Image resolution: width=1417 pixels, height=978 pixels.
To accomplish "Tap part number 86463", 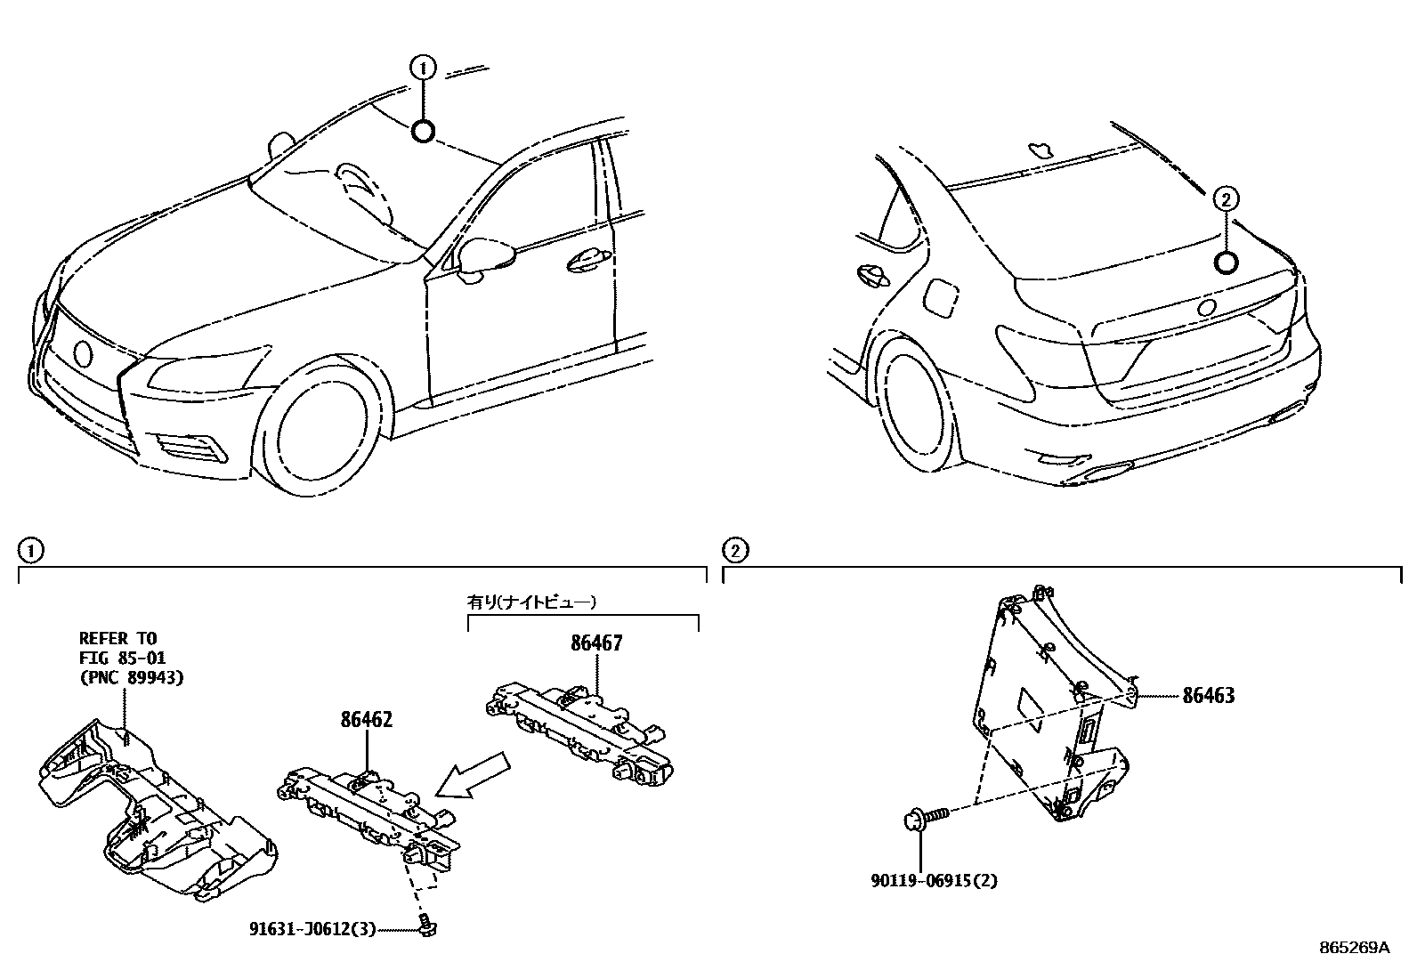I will click(x=1208, y=696).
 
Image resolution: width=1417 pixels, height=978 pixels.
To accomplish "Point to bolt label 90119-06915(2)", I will click(x=934, y=881).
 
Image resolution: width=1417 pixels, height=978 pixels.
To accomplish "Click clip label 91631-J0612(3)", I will click(x=312, y=930).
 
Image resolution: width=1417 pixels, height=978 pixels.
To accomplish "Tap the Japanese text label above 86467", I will click(x=532, y=602).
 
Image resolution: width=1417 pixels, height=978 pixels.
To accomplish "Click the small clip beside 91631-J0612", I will click(x=427, y=928).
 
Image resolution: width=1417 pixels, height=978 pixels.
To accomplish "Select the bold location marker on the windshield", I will click(x=423, y=132).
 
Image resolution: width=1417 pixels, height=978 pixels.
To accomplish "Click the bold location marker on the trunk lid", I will click(x=1226, y=262).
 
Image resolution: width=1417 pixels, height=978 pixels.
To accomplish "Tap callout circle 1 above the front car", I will click(x=423, y=66).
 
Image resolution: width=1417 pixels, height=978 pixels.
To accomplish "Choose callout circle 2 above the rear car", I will click(x=1226, y=199).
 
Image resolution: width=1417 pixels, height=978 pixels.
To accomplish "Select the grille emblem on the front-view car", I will click(x=83, y=353).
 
